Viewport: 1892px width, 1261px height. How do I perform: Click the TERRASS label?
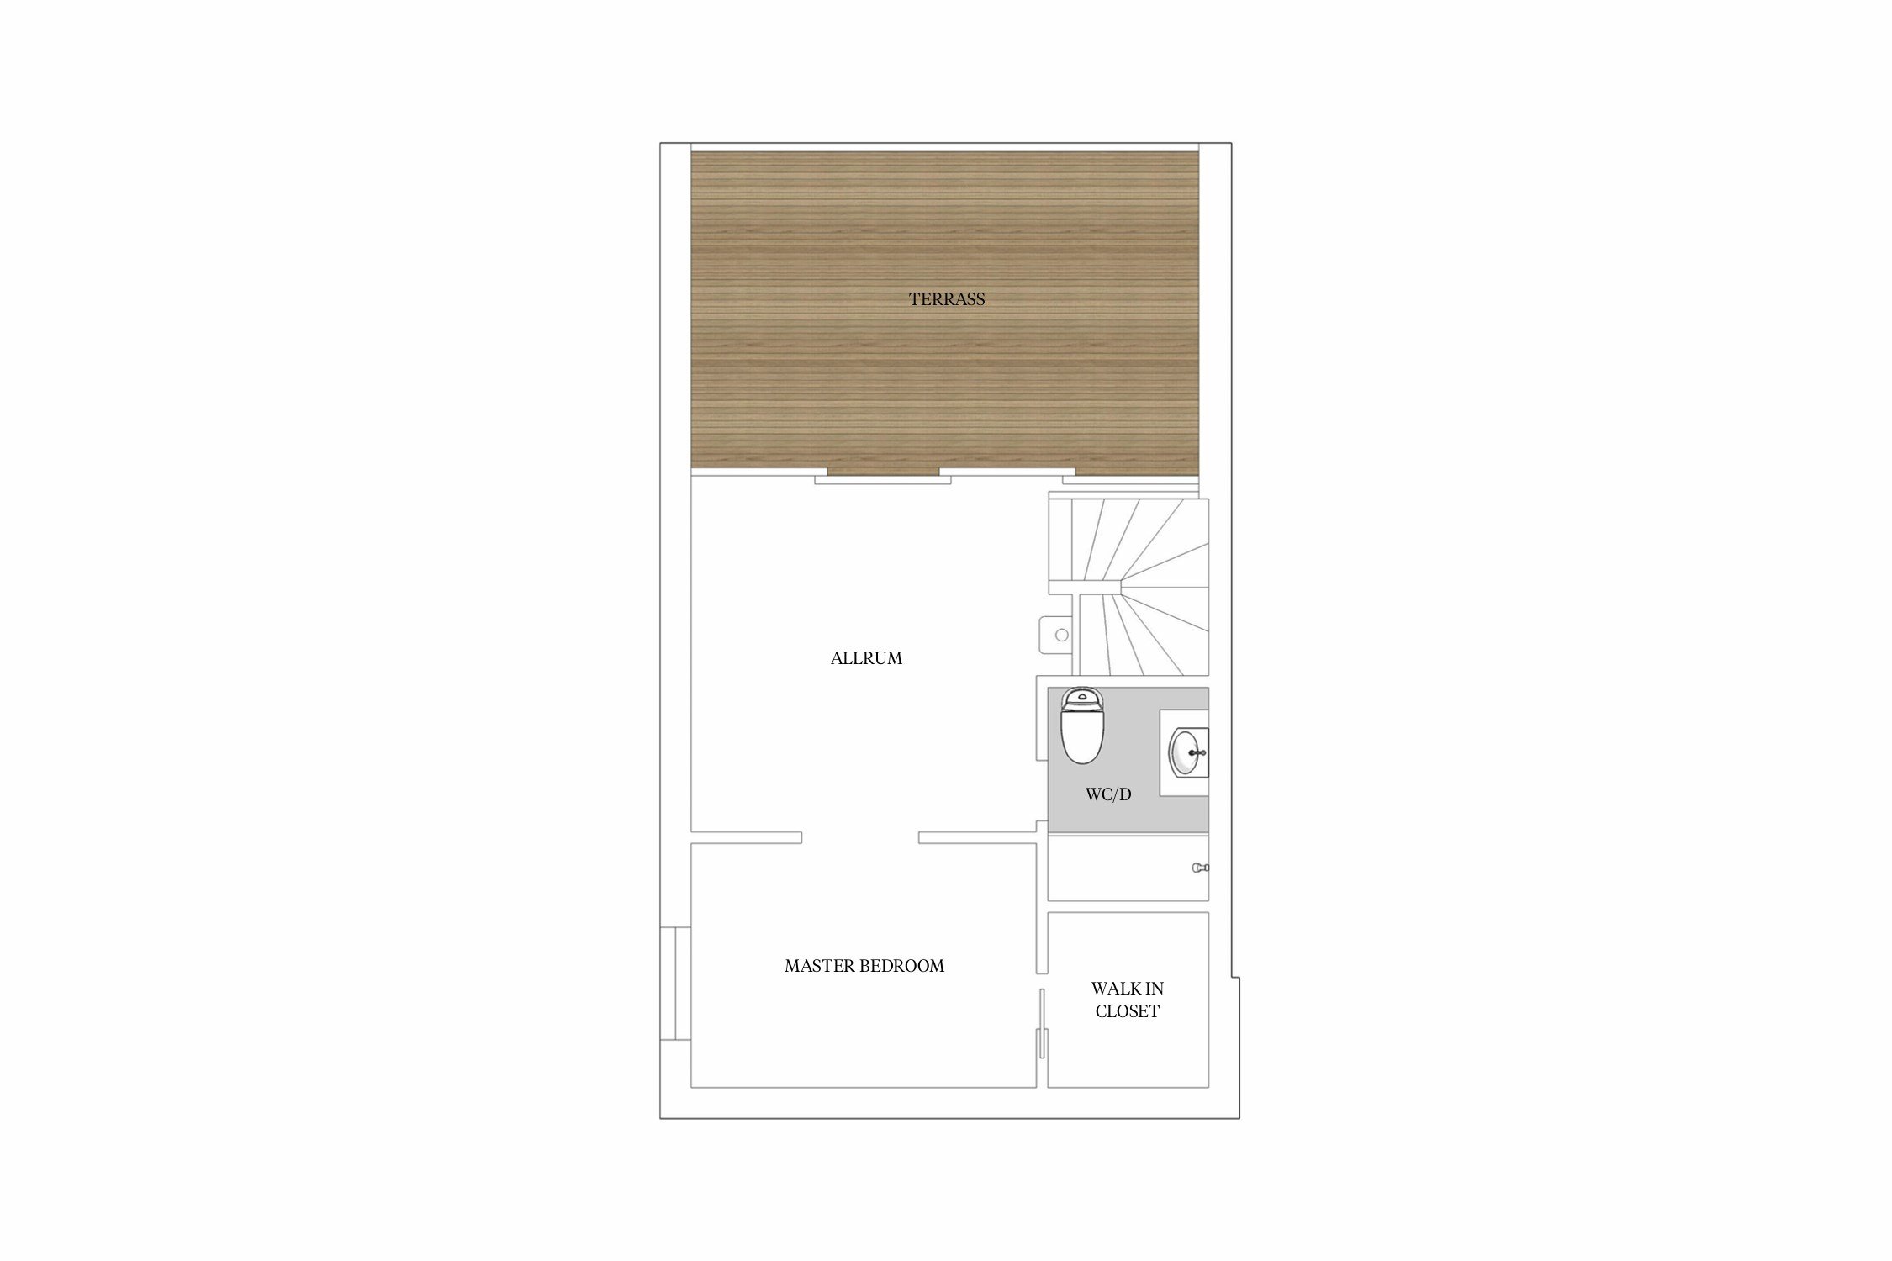click(946, 299)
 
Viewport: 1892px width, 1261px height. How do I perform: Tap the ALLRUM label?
click(866, 658)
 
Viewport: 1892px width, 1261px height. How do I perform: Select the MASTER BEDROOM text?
click(864, 966)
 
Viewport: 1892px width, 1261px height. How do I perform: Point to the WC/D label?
click(1108, 794)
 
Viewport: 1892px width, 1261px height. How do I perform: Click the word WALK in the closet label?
click(1108, 989)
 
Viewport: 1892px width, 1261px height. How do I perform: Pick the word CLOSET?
click(1127, 1011)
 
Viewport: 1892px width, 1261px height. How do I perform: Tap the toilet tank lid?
click(1082, 698)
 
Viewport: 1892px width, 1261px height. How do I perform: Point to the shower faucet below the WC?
click(1200, 868)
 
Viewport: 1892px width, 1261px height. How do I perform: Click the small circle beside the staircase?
click(1061, 635)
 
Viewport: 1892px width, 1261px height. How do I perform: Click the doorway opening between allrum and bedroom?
click(860, 837)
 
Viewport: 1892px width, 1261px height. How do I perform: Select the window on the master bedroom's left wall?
click(675, 984)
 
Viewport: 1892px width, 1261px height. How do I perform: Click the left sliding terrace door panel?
click(883, 480)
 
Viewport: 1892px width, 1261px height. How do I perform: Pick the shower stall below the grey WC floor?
click(1128, 868)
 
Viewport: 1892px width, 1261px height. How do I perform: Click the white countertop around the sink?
click(1184, 752)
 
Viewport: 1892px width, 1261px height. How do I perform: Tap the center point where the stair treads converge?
click(1122, 579)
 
